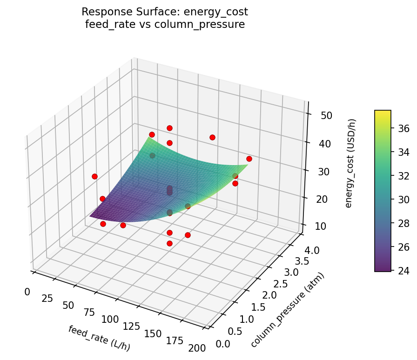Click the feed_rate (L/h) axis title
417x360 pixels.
point(99,339)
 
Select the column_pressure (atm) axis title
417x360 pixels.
point(287,310)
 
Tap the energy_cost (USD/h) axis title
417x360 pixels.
point(352,163)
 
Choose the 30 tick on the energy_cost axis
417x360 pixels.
point(319,172)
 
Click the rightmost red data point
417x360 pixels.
point(249,159)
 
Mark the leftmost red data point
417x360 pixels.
point(94,176)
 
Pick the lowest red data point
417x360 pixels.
point(169,243)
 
